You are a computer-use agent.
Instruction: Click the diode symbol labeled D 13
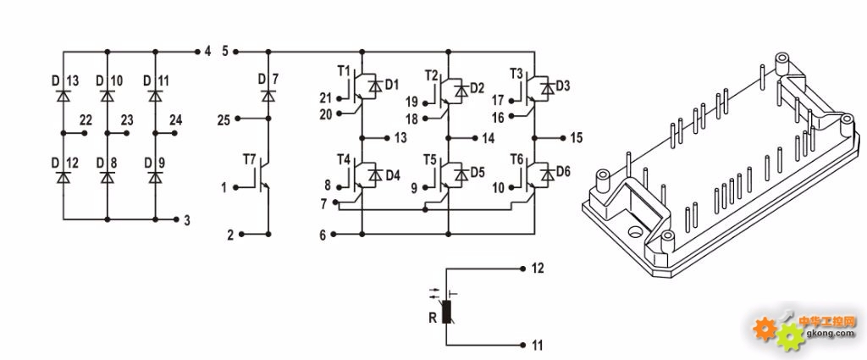tap(63, 97)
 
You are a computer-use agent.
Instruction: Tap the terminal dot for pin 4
tap(197, 52)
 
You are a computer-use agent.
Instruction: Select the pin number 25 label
tap(224, 120)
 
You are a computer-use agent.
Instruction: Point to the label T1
tap(344, 71)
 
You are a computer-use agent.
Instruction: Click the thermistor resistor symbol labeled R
tap(447, 311)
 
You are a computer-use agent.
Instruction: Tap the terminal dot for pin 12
tap(522, 269)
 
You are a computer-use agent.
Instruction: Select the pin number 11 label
tap(538, 346)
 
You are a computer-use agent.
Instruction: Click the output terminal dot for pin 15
tap(562, 138)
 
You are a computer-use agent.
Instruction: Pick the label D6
tap(563, 171)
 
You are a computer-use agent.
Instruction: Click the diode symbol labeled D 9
tap(156, 178)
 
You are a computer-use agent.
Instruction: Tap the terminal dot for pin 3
tap(176, 219)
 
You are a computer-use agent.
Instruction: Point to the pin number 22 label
tap(86, 120)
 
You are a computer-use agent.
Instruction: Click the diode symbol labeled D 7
tap(268, 97)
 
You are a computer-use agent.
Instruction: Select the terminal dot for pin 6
tap(334, 235)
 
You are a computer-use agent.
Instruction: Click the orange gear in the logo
tap(765, 330)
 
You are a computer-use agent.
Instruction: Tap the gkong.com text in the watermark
tap(831, 334)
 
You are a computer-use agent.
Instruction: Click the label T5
tap(430, 160)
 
